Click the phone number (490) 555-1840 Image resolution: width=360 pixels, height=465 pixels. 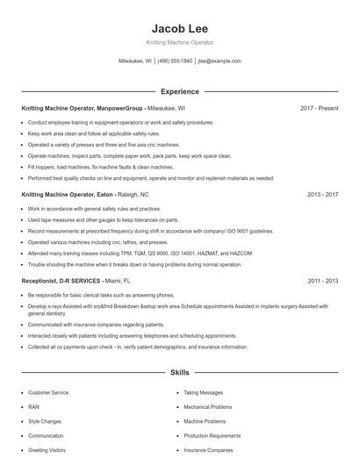click(174, 61)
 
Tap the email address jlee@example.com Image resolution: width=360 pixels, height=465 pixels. click(220, 61)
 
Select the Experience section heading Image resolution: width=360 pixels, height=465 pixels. click(179, 91)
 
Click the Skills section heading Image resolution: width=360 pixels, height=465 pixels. click(179, 373)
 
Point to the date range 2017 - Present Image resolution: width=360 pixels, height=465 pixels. click(319, 108)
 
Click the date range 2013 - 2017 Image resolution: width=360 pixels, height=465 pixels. click(322, 193)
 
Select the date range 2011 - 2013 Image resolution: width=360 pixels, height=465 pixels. click(322, 281)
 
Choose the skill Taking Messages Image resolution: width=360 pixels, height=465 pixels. click(203, 393)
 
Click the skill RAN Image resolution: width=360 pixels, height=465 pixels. click(33, 407)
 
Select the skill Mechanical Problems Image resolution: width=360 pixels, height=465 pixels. click(208, 407)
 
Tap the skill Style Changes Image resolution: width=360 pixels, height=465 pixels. click(44, 421)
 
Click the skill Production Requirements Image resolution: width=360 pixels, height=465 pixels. click(212, 435)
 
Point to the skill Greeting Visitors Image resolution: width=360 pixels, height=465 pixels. click(47, 449)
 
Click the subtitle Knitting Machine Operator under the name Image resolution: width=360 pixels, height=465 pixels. click(179, 42)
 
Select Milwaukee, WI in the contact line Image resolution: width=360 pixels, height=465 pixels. click(135, 61)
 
